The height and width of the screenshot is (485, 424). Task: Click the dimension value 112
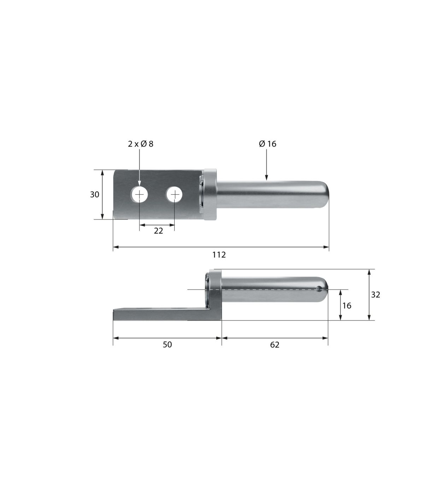tap(219, 255)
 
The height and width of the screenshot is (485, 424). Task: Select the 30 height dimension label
tap(94, 195)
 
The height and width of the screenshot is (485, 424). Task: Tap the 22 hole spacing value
tap(158, 231)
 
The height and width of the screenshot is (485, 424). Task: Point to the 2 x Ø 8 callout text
tap(141, 144)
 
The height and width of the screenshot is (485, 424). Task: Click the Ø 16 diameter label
tap(268, 144)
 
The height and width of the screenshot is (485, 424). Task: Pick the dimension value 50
tap(167, 345)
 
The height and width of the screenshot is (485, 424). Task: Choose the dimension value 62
tap(275, 345)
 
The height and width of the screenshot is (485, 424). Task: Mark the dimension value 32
tap(376, 295)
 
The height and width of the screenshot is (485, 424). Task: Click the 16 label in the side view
tap(347, 306)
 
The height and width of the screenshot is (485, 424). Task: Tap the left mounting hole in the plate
tap(140, 195)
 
